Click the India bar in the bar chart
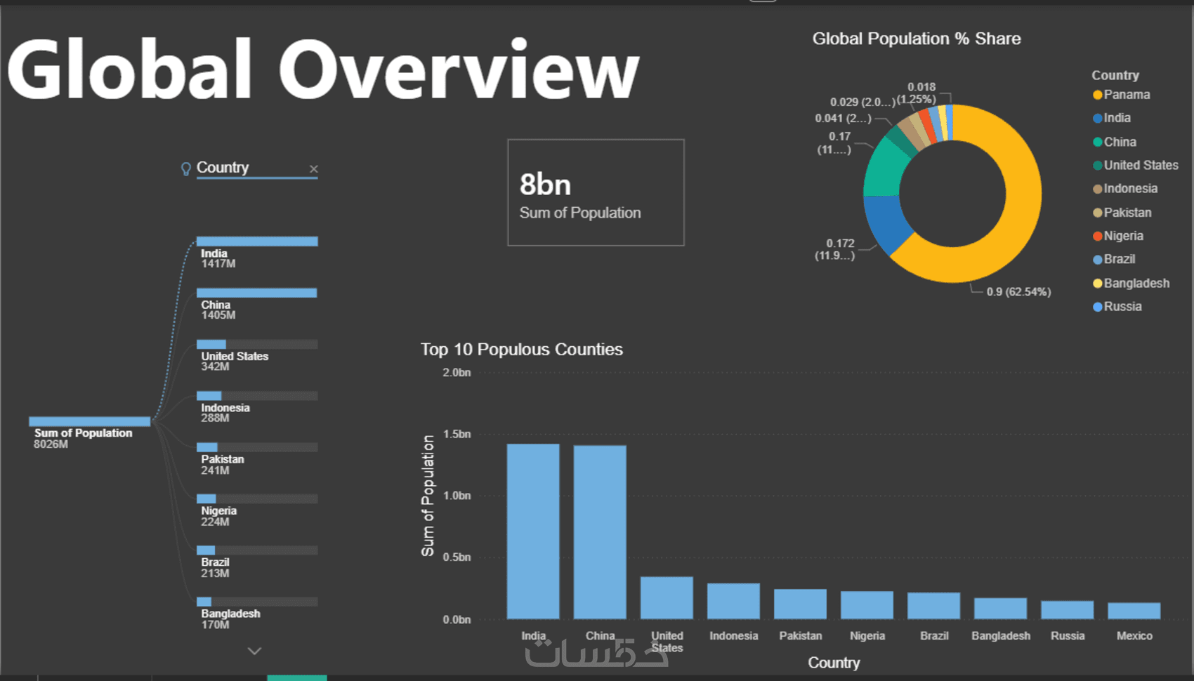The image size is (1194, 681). point(533,531)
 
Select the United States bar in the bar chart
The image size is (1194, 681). point(667,597)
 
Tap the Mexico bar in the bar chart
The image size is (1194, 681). point(1134,611)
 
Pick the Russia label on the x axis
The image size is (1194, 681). point(1068,635)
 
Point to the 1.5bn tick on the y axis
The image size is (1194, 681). point(457,434)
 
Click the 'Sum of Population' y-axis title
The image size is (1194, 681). point(428,496)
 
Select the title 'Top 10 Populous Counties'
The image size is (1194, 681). point(521,349)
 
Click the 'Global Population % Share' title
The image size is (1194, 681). point(916,39)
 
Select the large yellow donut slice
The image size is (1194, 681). point(1011,232)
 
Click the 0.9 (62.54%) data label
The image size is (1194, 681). point(1018,292)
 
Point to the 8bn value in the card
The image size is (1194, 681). point(545,185)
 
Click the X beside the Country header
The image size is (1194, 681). point(314,168)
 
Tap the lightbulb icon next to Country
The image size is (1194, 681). point(185,168)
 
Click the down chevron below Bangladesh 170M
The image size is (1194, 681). point(254,651)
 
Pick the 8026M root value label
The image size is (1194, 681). point(51,444)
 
